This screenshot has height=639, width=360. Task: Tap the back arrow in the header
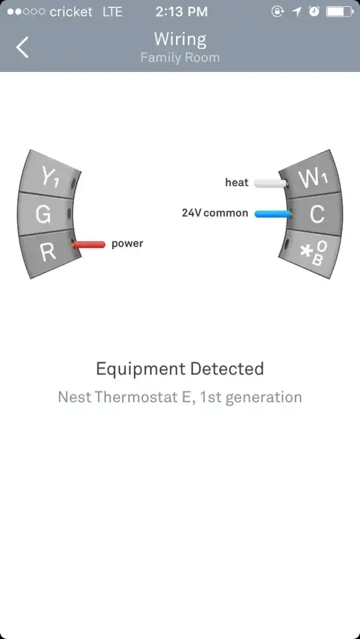pos(23,47)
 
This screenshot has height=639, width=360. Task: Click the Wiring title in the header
pos(180,39)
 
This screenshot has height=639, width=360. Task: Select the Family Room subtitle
pos(180,57)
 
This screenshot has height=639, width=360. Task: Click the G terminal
pos(44,214)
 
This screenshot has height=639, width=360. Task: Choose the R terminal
pos(48,252)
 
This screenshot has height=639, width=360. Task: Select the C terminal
pos(317,215)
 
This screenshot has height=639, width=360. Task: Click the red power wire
pos(89,245)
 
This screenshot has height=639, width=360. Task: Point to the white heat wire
pos(271,183)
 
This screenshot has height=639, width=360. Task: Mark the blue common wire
pos(273,213)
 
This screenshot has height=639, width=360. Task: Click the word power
pos(127,244)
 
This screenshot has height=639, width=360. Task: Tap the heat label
pos(237,182)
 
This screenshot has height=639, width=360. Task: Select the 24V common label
pos(215,213)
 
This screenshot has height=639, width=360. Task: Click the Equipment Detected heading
pos(180,369)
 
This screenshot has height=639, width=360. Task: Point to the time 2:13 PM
pos(181,12)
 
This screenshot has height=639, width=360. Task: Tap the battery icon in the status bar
pos(339,12)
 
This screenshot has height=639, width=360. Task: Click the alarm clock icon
pos(314,12)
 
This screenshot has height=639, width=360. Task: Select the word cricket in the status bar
pos(71,12)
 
